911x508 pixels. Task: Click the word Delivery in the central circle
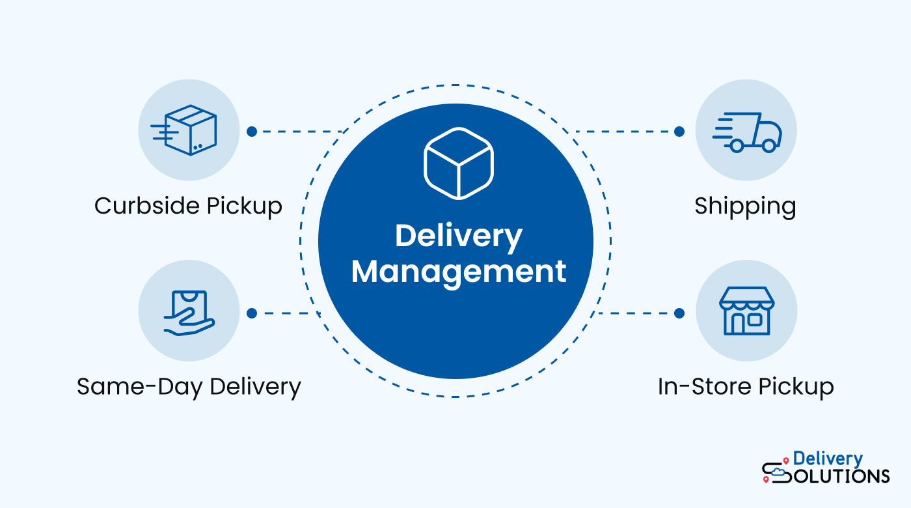[458, 236]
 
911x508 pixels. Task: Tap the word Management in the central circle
[458, 271]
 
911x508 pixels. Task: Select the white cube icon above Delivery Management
[458, 163]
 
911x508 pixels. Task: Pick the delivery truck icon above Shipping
[746, 132]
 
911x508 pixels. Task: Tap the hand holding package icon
[189, 313]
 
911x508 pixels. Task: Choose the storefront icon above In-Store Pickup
[746, 311]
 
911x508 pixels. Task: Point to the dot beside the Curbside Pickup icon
[252, 132]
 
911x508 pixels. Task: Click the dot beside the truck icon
[679, 132]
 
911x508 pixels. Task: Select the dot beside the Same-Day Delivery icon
[252, 313]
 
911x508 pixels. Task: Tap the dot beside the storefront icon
[679, 313]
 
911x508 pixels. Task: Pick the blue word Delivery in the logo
[828, 459]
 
